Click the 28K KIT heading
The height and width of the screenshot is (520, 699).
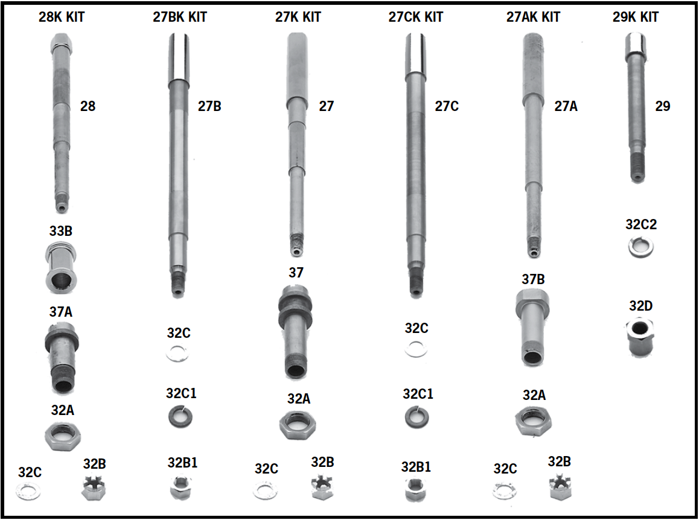pos(62,17)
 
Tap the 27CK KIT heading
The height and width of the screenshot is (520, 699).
pos(415,17)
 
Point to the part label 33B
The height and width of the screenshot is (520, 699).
pos(61,230)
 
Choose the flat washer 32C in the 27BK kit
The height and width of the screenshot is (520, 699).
pos(177,354)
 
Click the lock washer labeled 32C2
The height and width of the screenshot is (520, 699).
pos(640,247)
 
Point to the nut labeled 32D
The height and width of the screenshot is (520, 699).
pos(641,337)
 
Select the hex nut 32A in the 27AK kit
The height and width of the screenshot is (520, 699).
pos(533,420)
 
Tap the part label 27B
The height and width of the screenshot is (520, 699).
pos(209,106)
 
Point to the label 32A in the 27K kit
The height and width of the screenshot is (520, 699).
pos(299,398)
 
